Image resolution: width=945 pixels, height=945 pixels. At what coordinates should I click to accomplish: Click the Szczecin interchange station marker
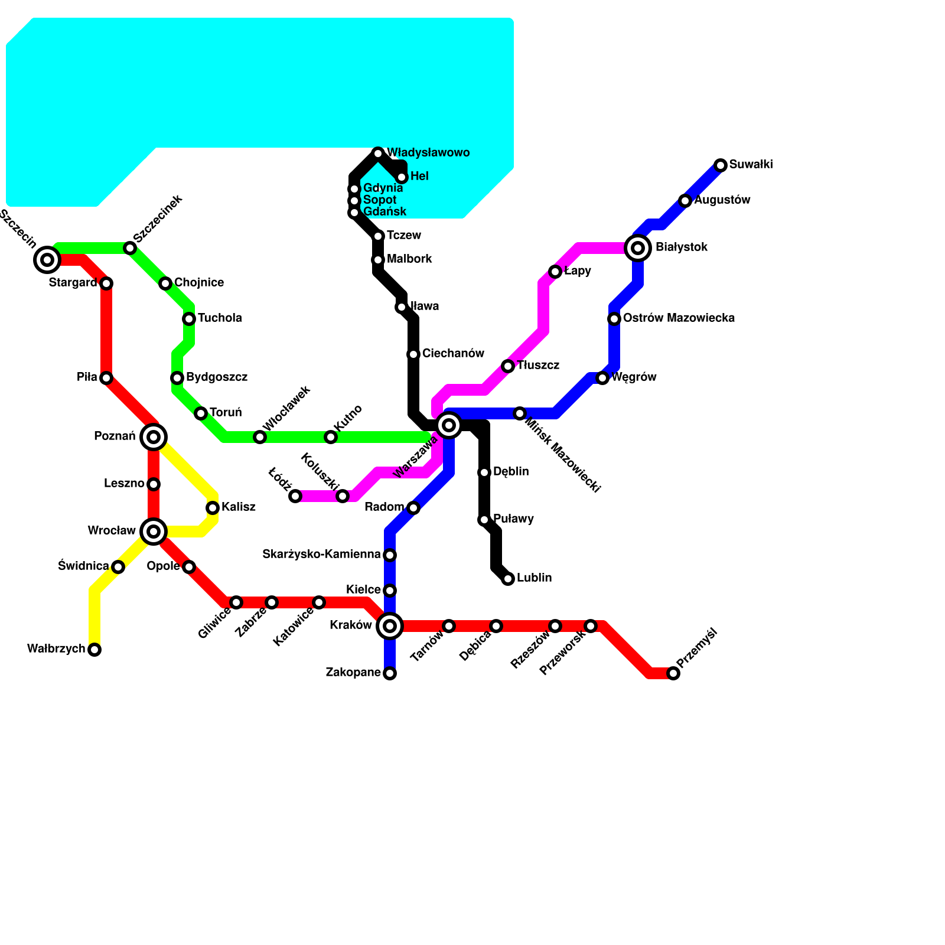click(x=47, y=259)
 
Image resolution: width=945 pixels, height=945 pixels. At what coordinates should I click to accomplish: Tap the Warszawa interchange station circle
click(x=449, y=425)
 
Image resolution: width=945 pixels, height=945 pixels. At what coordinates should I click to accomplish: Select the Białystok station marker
click(x=638, y=248)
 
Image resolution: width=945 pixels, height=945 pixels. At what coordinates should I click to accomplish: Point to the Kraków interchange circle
click(x=390, y=626)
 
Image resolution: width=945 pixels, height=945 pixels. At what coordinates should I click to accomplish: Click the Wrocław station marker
click(x=154, y=532)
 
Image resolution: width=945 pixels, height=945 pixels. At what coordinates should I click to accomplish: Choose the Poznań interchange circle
click(x=154, y=437)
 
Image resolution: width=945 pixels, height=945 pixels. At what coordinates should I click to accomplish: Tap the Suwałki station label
click(x=751, y=165)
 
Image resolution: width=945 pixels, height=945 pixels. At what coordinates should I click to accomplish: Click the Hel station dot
click(x=402, y=177)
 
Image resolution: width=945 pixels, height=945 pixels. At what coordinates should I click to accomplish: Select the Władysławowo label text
click(x=428, y=153)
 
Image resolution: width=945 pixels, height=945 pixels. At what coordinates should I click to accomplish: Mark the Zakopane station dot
click(x=390, y=673)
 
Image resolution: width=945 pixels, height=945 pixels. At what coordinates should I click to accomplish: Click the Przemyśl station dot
click(x=673, y=673)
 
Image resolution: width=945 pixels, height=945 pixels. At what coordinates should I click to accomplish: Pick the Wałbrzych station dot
click(x=94, y=650)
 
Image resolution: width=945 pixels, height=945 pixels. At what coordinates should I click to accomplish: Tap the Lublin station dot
click(x=508, y=579)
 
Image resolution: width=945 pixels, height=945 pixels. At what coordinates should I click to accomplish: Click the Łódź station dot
click(x=295, y=496)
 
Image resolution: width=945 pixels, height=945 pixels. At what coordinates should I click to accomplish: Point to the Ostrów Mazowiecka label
click(x=679, y=318)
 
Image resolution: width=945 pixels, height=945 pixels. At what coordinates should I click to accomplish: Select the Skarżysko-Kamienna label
click(x=321, y=555)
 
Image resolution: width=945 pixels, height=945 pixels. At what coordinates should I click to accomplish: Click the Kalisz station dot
click(x=213, y=508)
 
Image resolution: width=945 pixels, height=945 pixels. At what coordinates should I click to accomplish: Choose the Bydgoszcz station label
click(x=216, y=377)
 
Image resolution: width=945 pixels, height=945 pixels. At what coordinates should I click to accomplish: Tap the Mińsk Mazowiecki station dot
click(x=520, y=413)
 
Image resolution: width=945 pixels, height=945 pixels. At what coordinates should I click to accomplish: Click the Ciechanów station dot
click(x=413, y=354)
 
